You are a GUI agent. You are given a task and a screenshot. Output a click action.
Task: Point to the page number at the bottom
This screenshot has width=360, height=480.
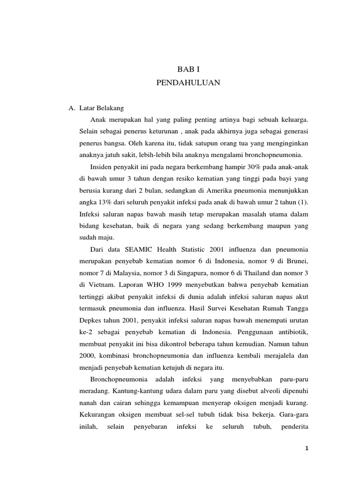[306, 449]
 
